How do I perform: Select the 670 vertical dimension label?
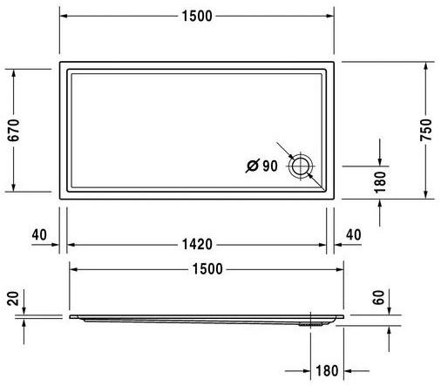[12, 130]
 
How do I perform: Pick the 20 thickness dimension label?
[12, 301]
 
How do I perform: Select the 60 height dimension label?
[378, 297]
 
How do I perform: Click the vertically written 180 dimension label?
[378, 180]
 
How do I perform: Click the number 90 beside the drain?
[268, 165]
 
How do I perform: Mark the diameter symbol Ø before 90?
[251, 165]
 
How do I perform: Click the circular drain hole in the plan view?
[302, 165]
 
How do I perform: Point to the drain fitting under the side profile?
[309, 321]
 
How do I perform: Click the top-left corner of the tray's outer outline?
[60, 62]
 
